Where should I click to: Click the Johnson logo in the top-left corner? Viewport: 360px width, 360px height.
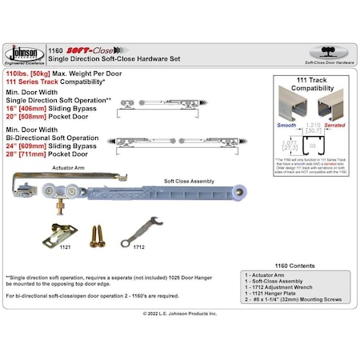click(24, 53)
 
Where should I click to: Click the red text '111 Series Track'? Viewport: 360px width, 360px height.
click(36, 82)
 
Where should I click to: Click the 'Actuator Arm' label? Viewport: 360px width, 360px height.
click(47, 169)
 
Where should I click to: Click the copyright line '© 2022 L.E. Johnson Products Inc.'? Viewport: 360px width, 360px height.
click(179, 314)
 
